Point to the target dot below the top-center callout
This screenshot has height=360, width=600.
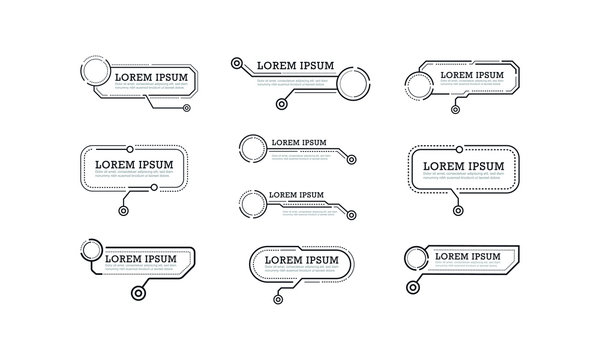[282, 103]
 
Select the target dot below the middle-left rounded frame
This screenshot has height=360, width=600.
[122, 210]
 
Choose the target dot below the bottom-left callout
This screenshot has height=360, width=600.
[137, 294]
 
